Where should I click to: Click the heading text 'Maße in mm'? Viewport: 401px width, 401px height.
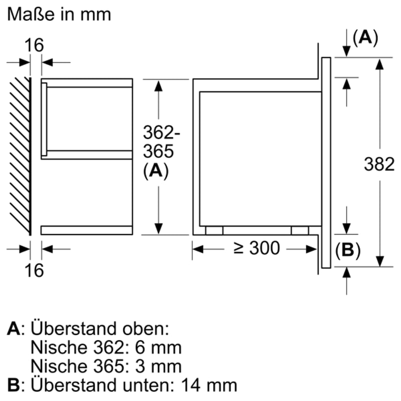click(59, 15)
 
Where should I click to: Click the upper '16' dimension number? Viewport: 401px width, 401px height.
click(36, 45)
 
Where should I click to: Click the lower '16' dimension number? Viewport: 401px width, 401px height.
click(36, 270)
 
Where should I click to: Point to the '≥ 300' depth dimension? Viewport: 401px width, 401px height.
click(257, 248)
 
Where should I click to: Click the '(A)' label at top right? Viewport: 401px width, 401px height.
click(364, 38)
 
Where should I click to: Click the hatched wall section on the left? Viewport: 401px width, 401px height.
click(20, 155)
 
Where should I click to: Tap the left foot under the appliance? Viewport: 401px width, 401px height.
click(214, 230)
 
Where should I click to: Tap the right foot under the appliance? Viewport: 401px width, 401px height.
click(300, 230)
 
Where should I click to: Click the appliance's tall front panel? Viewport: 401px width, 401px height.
click(326, 163)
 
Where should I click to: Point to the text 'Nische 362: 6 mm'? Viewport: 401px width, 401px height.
click(106, 347)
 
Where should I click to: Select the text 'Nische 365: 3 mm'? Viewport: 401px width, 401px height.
click(106, 365)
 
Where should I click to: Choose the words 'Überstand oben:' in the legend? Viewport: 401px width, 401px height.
click(101, 329)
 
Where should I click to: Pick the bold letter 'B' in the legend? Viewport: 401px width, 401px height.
click(14, 384)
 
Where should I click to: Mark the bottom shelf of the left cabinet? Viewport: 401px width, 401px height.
click(87, 230)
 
